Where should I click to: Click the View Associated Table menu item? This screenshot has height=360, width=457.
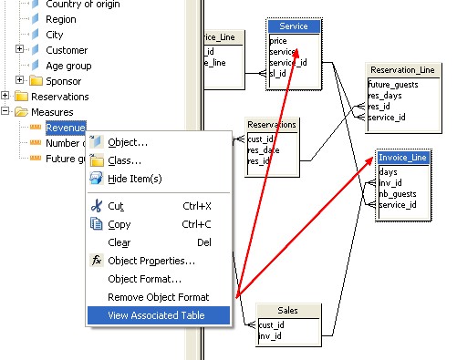point(155,315)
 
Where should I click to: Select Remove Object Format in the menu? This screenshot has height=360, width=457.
point(158,297)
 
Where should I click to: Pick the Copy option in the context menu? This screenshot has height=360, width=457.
point(119,224)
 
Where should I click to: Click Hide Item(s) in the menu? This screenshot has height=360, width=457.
point(134,179)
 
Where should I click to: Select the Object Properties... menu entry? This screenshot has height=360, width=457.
point(151,261)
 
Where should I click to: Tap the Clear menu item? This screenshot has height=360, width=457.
point(119,242)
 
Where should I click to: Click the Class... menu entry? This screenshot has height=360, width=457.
point(124,160)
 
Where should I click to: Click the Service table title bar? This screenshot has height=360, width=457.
point(294,26)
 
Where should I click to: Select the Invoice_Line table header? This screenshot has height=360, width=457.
point(402,158)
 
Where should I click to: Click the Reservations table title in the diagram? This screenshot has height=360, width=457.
point(273,126)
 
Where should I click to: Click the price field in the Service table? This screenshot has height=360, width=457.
point(279,42)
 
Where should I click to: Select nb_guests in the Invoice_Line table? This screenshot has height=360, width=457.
point(398,193)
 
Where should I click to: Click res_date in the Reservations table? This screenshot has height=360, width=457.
point(265,150)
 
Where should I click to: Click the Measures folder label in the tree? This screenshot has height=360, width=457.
point(52,112)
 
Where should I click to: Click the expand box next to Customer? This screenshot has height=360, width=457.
point(20,50)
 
